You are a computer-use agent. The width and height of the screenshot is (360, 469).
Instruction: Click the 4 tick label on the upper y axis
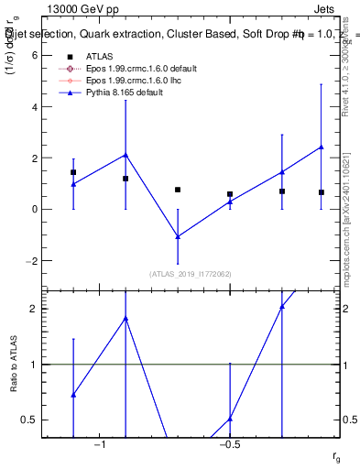point(34,106)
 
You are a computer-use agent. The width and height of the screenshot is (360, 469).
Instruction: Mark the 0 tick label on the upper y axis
point(34,209)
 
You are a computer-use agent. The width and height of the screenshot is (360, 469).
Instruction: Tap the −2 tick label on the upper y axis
point(31,260)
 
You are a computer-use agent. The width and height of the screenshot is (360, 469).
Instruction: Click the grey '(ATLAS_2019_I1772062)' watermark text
point(191,274)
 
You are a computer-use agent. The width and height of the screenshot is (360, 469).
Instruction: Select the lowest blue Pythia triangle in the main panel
point(178,236)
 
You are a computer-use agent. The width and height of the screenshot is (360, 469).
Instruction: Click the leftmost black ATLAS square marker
point(73,172)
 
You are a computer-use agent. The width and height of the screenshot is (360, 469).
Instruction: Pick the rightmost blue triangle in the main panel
point(322,147)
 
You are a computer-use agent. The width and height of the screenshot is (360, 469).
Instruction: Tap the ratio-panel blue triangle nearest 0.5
point(230,419)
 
